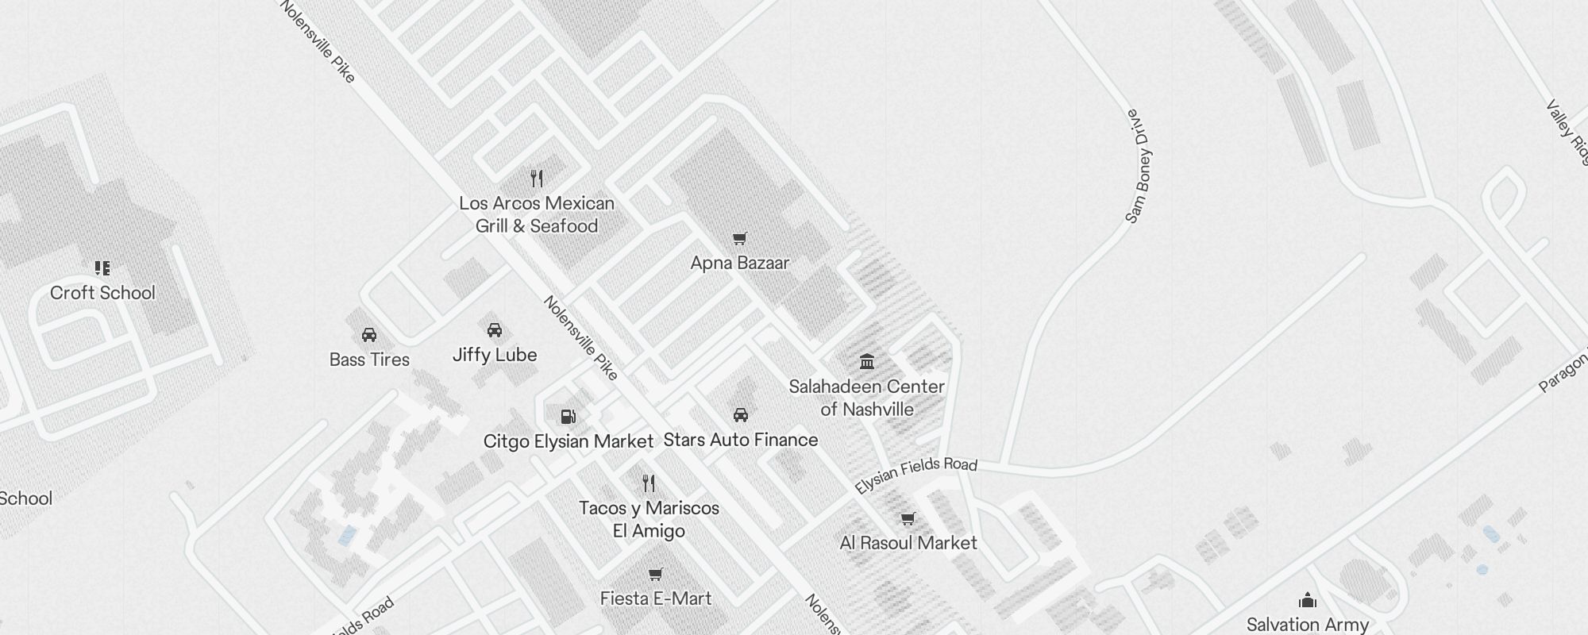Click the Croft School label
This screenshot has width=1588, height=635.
click(102, 293)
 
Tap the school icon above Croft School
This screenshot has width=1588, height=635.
click(102, 268)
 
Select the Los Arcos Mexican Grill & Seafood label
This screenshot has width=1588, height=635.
click(537, 214)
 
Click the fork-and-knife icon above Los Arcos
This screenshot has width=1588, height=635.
click(537, 179)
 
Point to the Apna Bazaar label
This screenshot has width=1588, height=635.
click(739, 263)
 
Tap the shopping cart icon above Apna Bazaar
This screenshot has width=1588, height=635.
click(739, 238)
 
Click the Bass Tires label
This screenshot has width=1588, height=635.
click(369, 360)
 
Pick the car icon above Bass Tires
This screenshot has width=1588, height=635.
click(369, 335)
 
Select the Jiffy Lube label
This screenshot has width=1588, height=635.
click(495, 355)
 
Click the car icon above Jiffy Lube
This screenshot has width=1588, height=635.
click(495, 330)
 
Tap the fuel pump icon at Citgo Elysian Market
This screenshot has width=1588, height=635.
click(568, 417)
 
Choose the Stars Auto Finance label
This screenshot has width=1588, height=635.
click(740, 440)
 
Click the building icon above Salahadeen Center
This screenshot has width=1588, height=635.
click(867, 362)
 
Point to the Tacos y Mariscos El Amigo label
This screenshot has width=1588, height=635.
click(649, 519)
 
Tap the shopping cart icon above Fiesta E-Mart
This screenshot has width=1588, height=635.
click(655, 574)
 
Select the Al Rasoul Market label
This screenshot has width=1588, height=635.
click(908, 543)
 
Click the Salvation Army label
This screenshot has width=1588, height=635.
click(1307, 625)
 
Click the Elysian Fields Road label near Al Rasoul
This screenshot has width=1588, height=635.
click(915, 474)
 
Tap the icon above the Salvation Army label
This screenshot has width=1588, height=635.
click(1307, 600)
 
